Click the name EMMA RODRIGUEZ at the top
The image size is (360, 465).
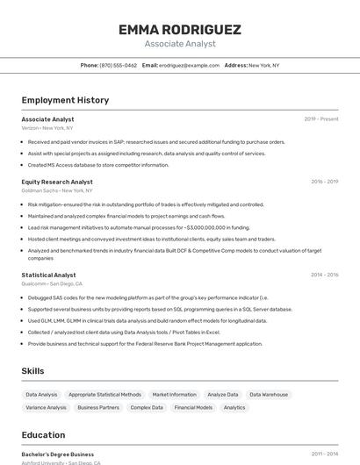(180, 30)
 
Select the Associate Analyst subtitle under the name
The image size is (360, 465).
(180, 44)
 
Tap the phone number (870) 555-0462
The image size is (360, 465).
(118, 65)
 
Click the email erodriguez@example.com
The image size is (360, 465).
(189, 65)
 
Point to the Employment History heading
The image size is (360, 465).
(65, 100)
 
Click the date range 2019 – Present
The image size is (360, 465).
(321, 119)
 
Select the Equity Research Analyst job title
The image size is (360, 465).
(57, 182)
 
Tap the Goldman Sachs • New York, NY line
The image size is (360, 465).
(57, 190)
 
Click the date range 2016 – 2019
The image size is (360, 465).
(324, 182)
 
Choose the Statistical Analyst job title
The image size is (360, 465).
(48, 275)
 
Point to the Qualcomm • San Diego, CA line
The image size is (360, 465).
(52, 284)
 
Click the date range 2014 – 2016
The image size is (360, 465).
(324, 275)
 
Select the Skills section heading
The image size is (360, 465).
(32, 371)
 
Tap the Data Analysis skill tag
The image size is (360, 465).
(41, 395)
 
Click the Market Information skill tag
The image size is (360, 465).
(174, 395)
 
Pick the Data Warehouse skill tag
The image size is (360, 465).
(269, 395)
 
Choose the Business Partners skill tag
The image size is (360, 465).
(98, 407)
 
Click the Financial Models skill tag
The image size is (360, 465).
(193, 407)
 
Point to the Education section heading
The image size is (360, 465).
(43, 435)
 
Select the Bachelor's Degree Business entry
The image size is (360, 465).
(58, 454)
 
